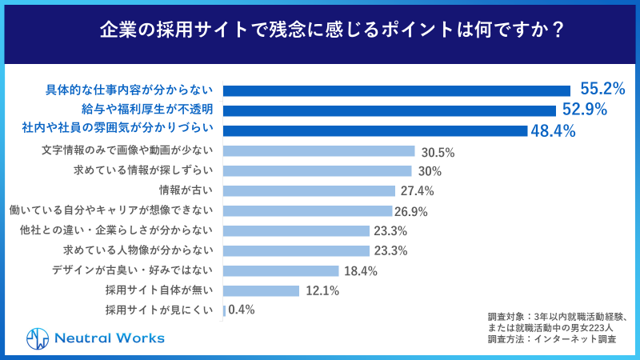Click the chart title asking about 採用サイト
pos(320,30)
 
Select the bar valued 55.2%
pos(396,90)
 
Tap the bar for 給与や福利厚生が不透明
pos(389,110)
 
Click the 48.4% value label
pos(554,130)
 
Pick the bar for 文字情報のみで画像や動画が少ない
pos(318,151)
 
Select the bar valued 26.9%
pos(307,211)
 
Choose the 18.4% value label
pos(360,271)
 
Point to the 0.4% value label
pos(242,310)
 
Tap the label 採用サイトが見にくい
pos(160,310)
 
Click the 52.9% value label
pos(584,110)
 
